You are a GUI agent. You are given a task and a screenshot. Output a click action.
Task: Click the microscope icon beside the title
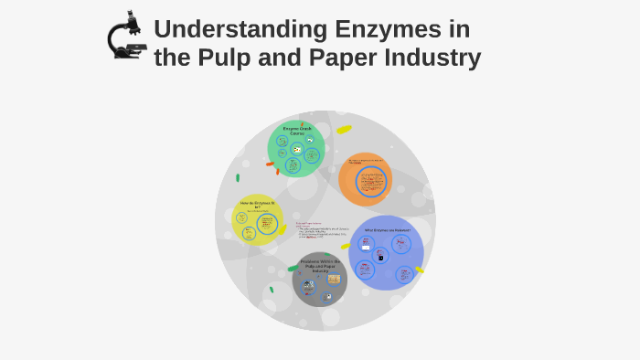(126, 37)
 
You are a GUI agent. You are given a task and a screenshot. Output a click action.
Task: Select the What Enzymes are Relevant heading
(387, 230)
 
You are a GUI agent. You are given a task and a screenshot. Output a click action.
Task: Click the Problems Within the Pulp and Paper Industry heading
(320, 265)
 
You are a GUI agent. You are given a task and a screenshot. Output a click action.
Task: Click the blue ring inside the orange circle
(370, 181)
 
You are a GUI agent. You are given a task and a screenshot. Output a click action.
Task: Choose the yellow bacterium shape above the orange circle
(344, 130)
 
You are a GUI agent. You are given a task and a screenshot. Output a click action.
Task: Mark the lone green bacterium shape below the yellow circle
(271, 290)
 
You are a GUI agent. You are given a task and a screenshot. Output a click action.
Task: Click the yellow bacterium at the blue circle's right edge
(420, 270)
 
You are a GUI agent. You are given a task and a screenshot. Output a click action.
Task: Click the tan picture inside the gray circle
(334, 279)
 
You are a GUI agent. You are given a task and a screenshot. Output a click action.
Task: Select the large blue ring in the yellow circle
(267, 224)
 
